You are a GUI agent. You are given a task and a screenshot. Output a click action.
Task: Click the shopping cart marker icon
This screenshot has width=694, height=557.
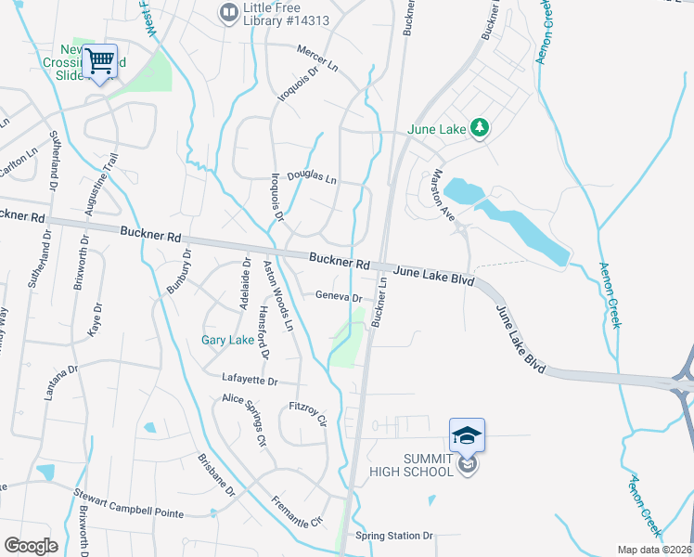click(x=100, y=62)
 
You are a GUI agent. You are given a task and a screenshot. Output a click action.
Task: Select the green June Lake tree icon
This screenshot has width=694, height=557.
click(x=479, y=127)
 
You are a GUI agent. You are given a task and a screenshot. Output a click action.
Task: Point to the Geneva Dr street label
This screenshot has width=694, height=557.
click(x=338, y=297)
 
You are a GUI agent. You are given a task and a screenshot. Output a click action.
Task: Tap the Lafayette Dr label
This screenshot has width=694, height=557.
click(x=250, y=381)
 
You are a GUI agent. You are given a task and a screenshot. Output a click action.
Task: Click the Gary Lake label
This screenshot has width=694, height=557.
click(x=227, y=341)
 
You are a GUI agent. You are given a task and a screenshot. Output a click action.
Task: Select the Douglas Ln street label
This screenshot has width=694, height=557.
click(x=311, y=176)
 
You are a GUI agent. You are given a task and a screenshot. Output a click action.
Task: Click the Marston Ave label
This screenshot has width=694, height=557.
click(x=441, y=194)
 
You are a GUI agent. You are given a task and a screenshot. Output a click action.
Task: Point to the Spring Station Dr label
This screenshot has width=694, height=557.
click(x=394, y=536)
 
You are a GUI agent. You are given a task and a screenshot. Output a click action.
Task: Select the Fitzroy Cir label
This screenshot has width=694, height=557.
click(x=309, y=413)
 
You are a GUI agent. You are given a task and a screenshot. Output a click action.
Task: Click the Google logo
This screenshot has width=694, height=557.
click(x=31, y=546)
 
